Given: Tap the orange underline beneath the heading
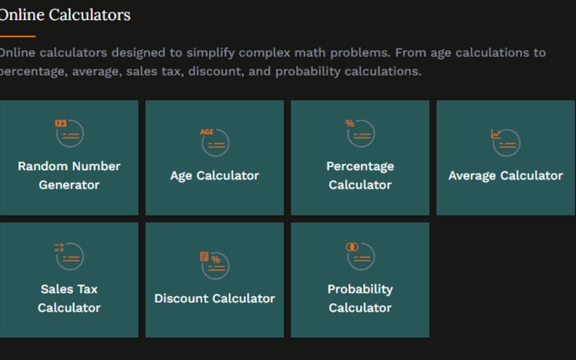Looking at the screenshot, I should pos(17,35).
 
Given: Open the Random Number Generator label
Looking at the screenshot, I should pos(69,175).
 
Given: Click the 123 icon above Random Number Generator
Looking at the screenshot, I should pos(69,133).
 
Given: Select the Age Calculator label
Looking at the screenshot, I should pos(215,175).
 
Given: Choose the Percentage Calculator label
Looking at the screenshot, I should pos(360,175).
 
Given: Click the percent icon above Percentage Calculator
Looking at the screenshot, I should pos(359,133).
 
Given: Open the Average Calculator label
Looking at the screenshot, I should pos(505,175).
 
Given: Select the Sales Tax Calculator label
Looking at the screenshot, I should pos(69,298).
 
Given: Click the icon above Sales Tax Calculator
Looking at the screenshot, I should pos(69,256).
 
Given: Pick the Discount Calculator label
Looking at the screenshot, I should pos(215,298).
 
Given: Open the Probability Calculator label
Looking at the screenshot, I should pos(360,298).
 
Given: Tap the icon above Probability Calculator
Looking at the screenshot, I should pos(359,256).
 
